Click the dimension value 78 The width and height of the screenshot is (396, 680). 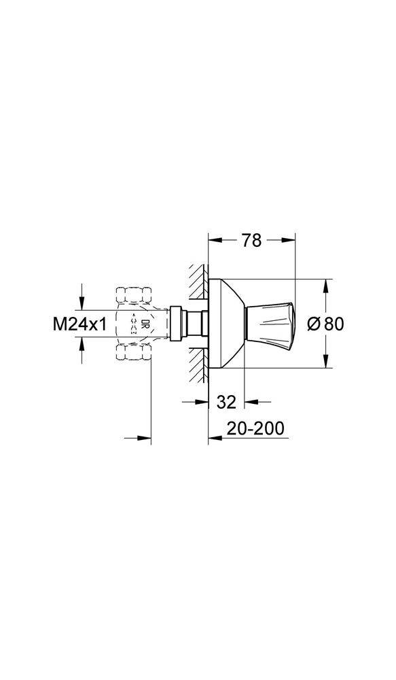(251, 241)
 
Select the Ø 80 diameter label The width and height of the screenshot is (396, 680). (325, 324)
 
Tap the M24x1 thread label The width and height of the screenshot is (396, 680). (80, 324)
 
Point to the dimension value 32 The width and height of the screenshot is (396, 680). (227, 402)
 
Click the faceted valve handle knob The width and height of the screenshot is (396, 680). (270, 324)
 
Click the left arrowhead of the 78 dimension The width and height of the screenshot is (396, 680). (212, 240)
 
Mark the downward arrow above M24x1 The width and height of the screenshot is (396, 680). (82, 303)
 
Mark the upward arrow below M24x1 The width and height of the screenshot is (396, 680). (82, 345)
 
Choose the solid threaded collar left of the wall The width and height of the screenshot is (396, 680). (179, 324)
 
